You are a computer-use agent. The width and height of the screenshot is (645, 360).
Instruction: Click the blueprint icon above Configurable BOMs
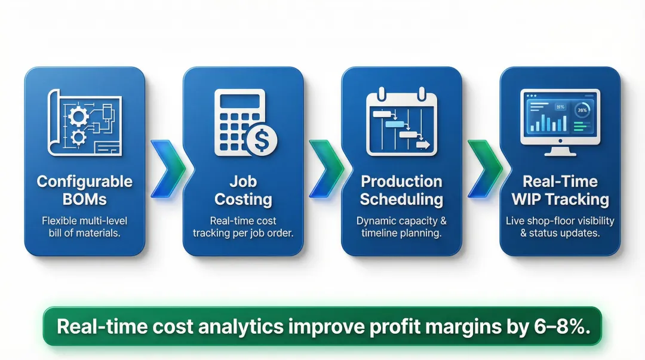tap(84, 122)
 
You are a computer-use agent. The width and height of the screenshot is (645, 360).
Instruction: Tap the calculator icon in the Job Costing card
tap(239, 119)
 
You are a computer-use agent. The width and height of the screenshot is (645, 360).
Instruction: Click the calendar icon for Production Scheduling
tap(401, 122)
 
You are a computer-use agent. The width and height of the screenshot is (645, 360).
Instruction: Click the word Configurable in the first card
tap(84, 181)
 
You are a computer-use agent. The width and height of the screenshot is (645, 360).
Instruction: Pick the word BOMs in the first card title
tap(84, 199)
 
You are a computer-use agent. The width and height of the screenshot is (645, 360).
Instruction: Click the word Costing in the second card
tap(243, 199)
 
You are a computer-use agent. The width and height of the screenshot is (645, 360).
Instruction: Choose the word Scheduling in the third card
tap(401, 199)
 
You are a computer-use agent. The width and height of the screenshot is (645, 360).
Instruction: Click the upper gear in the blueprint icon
tap(78, 115)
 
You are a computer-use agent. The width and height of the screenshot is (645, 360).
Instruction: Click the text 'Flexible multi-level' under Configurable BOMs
tap(84, 221)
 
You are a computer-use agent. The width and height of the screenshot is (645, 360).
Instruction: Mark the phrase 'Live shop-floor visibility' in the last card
tap(560, 221)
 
